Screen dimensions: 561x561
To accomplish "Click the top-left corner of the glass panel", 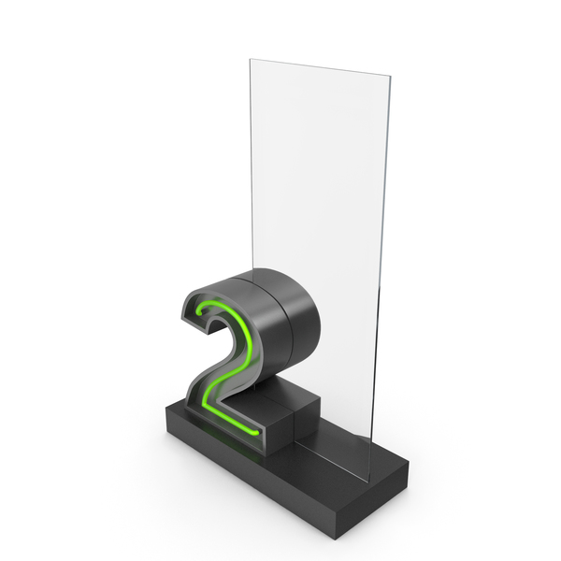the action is tap(250, 60).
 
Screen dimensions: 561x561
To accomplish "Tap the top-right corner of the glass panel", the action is tap(390, 76).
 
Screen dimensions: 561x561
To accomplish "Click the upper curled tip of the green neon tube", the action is tap(198, 313).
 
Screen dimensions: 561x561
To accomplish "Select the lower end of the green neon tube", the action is tap(256, 433).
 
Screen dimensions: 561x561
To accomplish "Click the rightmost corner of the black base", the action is tap(409, 462).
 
